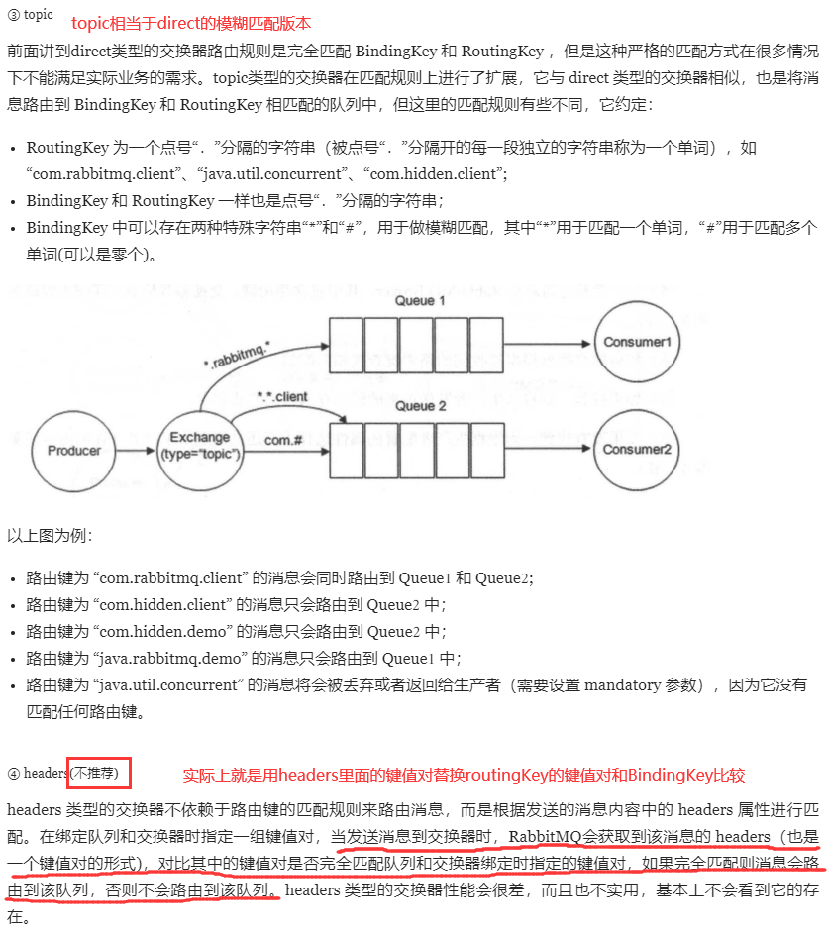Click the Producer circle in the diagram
[74, 451]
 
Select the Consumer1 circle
[637, 341]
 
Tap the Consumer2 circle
[637, 449]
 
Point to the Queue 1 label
[420, 300]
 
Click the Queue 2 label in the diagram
[420, 406]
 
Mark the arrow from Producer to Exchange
[137, 451]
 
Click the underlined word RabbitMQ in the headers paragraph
[550, 837]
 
